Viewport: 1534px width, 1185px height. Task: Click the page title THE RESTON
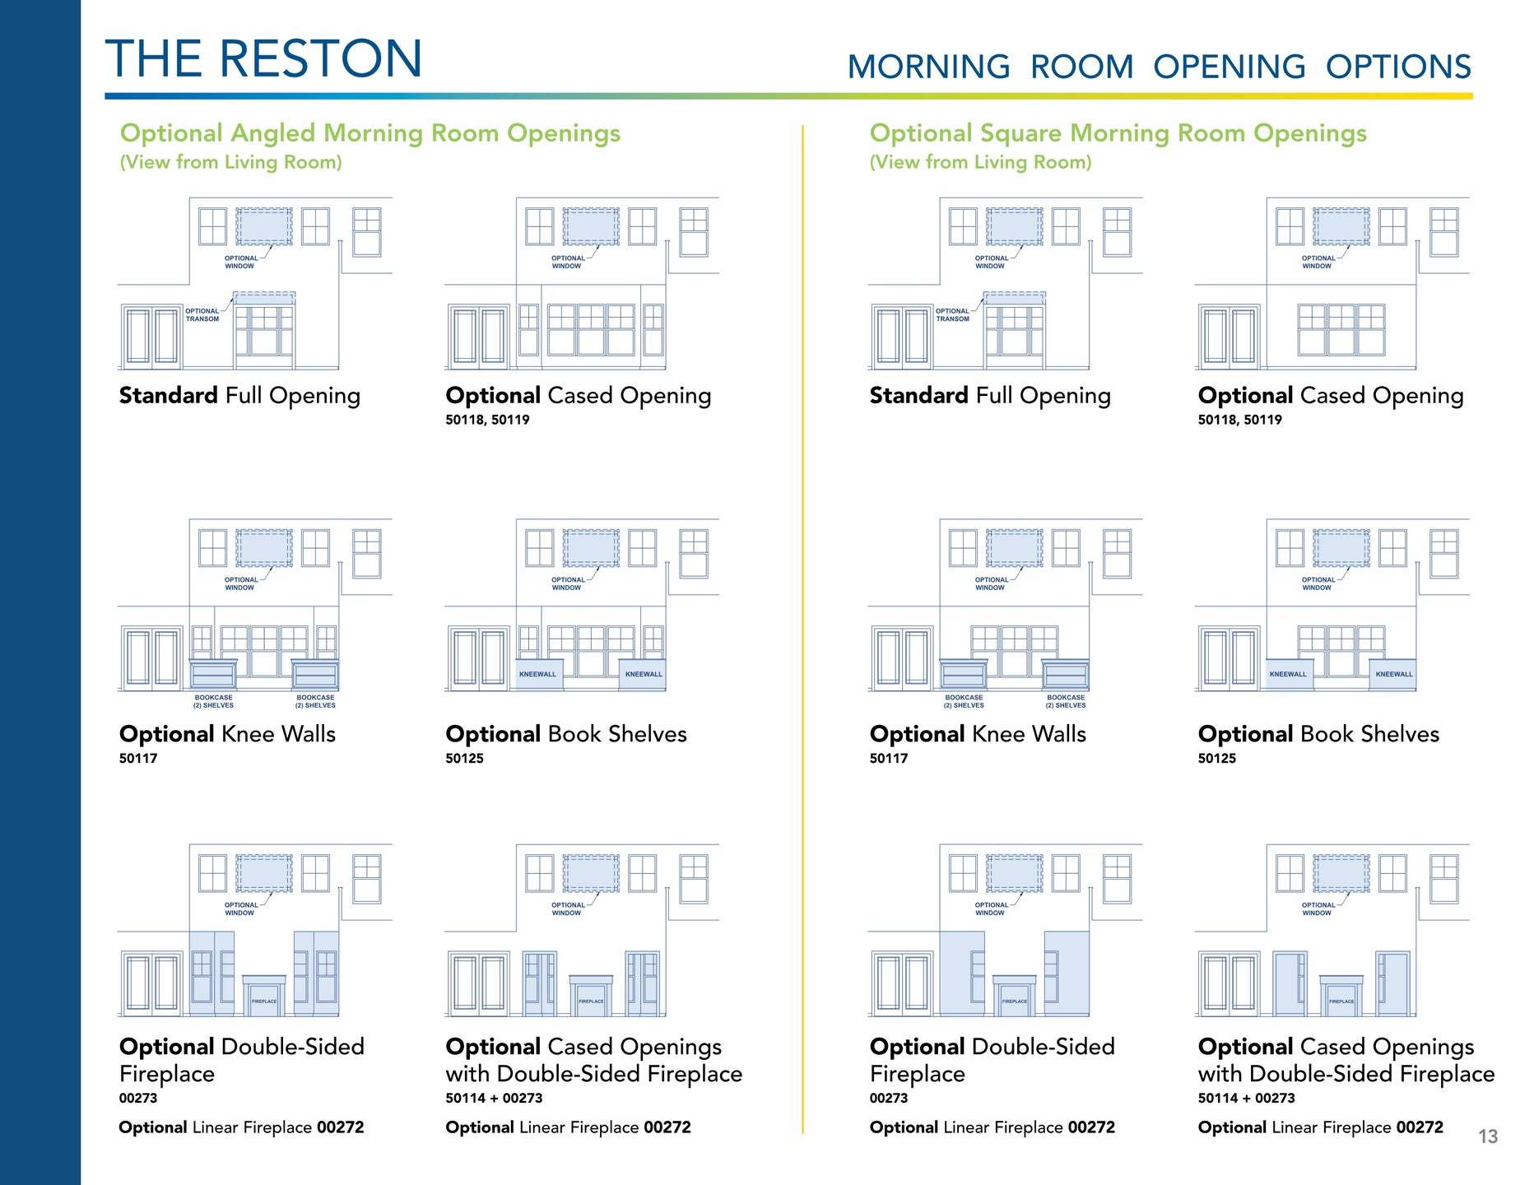point(263,58)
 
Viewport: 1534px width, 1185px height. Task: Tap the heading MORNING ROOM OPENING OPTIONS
point(1159,67)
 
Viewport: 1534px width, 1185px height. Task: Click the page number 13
point(1488,1136)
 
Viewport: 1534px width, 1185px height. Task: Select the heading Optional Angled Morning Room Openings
point(370,133)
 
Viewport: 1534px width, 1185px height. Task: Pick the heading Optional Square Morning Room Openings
point(1118,133)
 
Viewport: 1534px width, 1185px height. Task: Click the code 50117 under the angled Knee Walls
point(138,759)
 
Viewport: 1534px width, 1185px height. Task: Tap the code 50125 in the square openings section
point(1217,759)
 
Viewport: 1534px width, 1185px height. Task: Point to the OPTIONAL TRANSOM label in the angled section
point(202,315)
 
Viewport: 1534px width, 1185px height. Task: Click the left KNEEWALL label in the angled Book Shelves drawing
point(537,674)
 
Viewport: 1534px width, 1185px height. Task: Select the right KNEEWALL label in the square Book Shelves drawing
point(1394,674)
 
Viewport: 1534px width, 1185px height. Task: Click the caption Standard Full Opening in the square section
point(990,396)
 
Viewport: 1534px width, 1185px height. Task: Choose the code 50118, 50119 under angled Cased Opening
point(487,420)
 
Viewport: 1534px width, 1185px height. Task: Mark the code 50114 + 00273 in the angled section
point(494,1098)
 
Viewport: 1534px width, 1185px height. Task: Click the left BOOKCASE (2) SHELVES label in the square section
point(964,701)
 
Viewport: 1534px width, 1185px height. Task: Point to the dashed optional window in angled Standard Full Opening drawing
point(264,226)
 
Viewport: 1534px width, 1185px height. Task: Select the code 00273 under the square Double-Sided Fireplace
point(889,1098)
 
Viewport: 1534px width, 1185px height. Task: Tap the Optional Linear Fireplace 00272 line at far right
point(1321,1127)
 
